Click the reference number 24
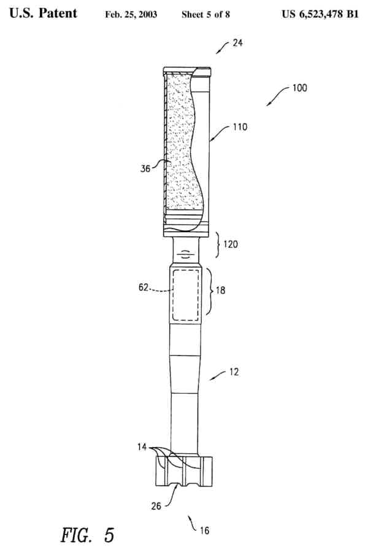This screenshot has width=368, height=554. tap(238, 44)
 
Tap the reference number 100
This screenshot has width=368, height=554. tap(299, 88)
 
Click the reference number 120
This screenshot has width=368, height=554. tap(231, 244)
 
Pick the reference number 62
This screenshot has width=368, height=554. tap(143, 286)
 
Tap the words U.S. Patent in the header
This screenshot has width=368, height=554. tap(43, 13)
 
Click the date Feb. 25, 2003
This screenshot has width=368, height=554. tap(131, 14)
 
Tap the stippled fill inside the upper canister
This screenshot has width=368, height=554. tap(180, 141)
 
